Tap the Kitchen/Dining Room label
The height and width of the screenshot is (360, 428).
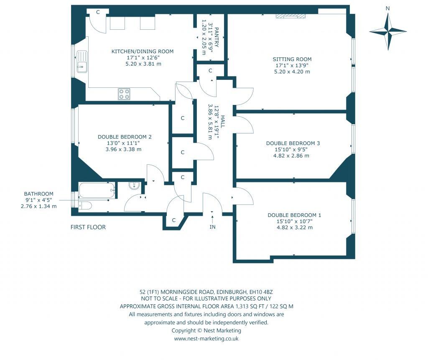(x=142, y=51)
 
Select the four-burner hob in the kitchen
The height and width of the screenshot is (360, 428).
(x=124, y=94)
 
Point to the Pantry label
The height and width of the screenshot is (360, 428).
(x=217, y=38)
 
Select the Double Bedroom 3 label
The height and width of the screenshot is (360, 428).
(x=293, y=143)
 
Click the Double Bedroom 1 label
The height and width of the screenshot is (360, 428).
(x=294, y=215)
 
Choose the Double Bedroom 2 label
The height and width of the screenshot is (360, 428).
(x=125, y=137)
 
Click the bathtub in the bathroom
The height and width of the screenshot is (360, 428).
(x=97, y=190)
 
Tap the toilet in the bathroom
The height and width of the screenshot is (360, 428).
(x=84, y=205)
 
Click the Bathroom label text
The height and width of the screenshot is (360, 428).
(x=39, y=194)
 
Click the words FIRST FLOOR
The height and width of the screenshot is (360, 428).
(x=88, y=227)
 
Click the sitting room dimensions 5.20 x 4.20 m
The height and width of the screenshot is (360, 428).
(x=292, y=71)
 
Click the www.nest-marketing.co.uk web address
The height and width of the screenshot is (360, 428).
(x=206, y=339)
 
